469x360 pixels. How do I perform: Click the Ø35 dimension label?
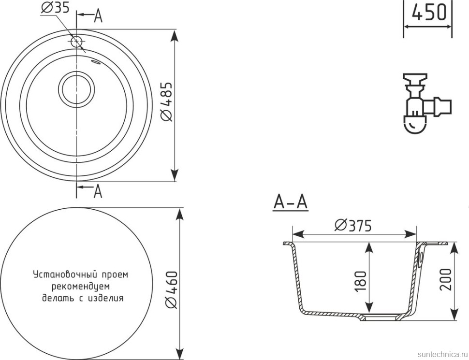pyautogui.click(x=55, y=7)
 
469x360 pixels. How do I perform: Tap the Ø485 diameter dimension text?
pyautogui.click(x=166, y=101)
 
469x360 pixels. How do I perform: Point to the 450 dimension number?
pyautogui.click(x=428, y=12)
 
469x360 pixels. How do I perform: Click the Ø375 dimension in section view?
pyautogui.click(x=353, y=226)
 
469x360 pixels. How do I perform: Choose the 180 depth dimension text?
pyautogui.click(x=360, y=281)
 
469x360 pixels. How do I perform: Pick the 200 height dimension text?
pyautogui.click(x=445, y=279)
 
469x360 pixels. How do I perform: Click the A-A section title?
pyautogui.click(x=291, y=202)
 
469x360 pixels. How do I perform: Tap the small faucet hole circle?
pyautogui.click(x=76, y=41)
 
